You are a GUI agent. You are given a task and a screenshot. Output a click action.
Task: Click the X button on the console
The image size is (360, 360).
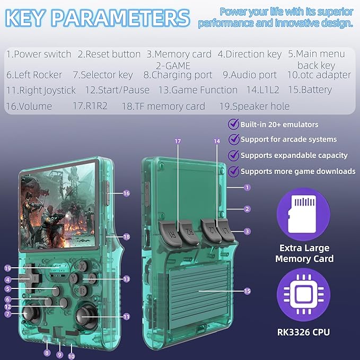click(x=82, y=266)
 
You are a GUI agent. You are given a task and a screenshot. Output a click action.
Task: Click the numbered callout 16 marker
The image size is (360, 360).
click(x=127, y=194)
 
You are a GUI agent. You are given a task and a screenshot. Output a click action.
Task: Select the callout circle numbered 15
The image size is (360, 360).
click(x=247, y=291)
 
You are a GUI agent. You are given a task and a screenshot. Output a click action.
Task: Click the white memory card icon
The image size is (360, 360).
click(x=302, y=214)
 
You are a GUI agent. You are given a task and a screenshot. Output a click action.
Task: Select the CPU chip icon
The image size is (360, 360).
click(x=303, y=294)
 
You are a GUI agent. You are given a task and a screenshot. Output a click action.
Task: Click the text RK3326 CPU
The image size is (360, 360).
click(x=303, y=332)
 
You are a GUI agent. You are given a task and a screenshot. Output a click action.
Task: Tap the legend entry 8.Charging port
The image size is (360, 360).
click(x=178, y=75)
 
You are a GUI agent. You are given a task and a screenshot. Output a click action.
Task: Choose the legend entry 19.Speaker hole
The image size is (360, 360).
click(x=254, y=106)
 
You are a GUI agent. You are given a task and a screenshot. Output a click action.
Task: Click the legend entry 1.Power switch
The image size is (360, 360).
click(x=39, y=55)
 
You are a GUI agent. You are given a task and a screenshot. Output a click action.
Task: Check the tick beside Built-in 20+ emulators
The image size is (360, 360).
click(x=234, y=124)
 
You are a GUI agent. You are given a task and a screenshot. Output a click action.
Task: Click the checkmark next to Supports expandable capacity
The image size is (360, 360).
click(x=234, y=155)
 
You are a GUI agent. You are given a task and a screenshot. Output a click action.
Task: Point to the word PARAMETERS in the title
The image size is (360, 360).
click(x=121, y=18)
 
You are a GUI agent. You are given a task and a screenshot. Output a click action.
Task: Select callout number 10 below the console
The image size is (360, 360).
click(x=72, y=356)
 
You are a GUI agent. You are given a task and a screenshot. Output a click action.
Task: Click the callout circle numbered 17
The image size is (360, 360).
click(x=178, y=141)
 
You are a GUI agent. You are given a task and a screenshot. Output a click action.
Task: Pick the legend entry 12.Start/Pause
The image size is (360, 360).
click(x=117, y=90)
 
